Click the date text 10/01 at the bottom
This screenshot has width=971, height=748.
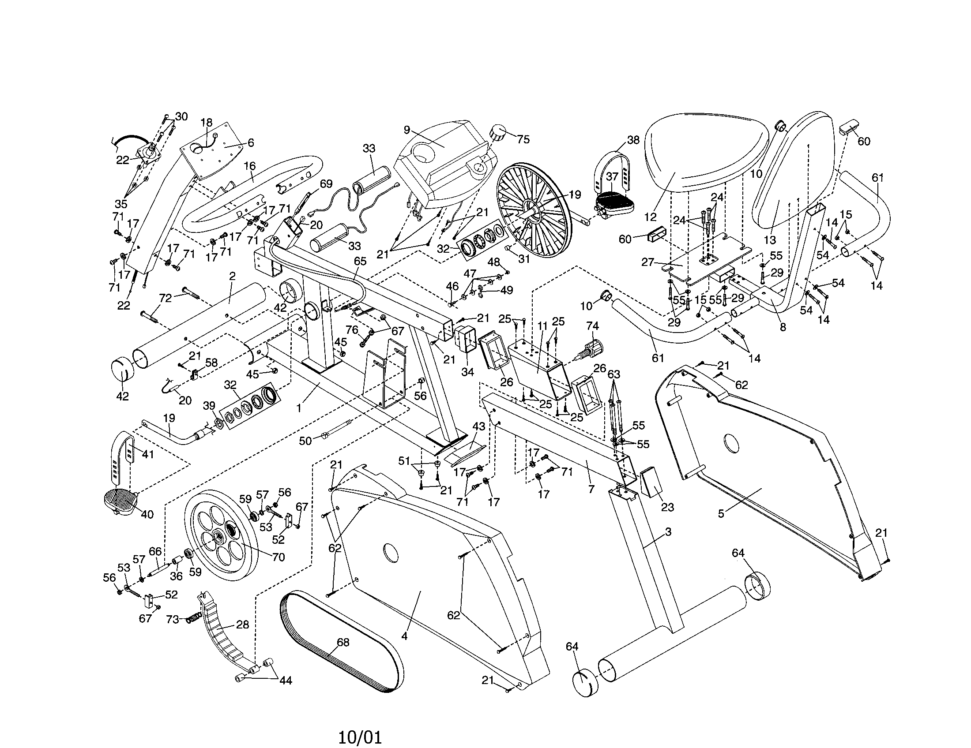point(360,738)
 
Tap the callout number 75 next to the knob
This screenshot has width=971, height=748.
point(523,139)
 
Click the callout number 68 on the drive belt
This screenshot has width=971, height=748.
point(343,642)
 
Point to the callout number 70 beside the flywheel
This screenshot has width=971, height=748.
point(278,557)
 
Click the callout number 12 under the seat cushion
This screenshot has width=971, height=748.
point(650,217)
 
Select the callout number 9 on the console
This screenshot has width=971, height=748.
point(406,130)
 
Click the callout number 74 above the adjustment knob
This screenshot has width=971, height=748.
point(592,326)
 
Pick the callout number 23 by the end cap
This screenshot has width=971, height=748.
point(667,507)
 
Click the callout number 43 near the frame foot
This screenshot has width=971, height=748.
point(478,426)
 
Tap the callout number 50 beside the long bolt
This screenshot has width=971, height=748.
point(305,441)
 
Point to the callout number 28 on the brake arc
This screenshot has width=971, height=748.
point(242,625)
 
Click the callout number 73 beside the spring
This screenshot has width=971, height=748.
point(173,619)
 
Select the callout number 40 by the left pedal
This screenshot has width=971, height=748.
point(147,514)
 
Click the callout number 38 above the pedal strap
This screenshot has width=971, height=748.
point(632,140)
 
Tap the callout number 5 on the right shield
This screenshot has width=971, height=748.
point(721,514)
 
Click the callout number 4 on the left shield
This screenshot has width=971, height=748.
point(404,636)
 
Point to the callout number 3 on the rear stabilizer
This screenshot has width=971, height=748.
point(668,532)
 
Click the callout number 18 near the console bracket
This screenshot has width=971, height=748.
point(206,122)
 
